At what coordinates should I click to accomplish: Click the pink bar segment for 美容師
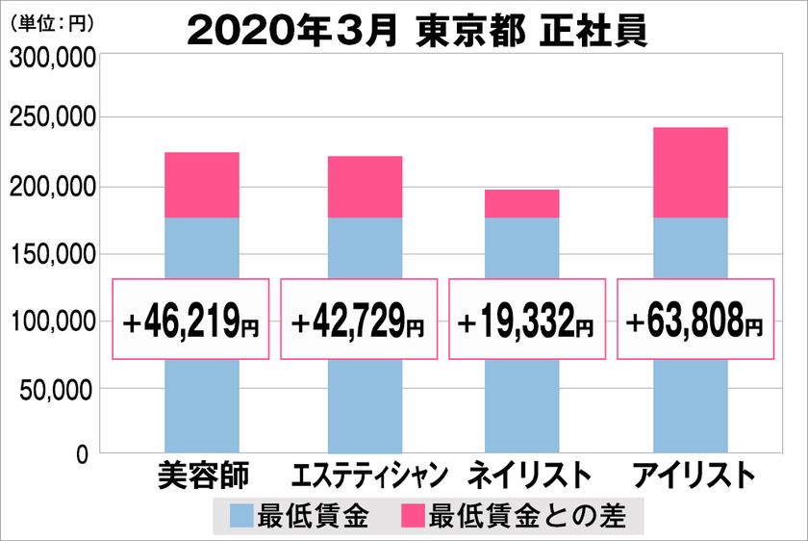tap(202, 185)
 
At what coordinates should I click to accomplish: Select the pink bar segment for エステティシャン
tap(365, 187)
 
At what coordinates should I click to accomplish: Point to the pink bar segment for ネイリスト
tap(521, 203)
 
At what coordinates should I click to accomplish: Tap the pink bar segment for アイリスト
tap(690, 172)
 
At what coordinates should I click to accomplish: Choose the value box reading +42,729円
tap(358, 319)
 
